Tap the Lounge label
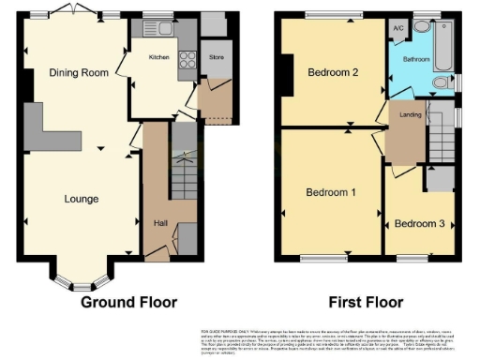coord(81,199)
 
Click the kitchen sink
coord(154,28)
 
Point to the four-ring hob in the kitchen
coord(185,58)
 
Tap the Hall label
coord(159,223)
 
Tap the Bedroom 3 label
coord(418,224)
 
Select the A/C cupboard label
coord(398,29)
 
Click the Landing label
coord(410,115)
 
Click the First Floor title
coord(366,302)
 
